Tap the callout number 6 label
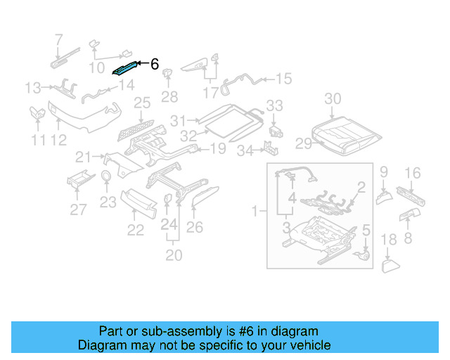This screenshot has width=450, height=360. click(x=155, y=65)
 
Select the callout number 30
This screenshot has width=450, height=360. click(x=333, y=98)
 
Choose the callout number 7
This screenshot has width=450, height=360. click(x=58, y=40)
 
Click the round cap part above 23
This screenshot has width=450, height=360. click(x=105, y=176)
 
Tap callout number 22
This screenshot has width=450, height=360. click(x=135, y=230)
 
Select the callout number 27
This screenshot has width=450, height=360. click(x=78, y=209)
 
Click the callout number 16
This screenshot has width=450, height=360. click(x=413, y=173)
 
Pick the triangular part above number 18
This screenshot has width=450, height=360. click(x=389, y=266)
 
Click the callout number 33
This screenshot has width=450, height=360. click(x=274, y=105)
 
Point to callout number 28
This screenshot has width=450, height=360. click(x=169, y=96)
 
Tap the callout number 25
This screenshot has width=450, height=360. click(x=143, y=104)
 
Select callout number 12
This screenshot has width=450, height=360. click(x=58, y=141)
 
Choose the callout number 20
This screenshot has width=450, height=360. click(x=174, y=254)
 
